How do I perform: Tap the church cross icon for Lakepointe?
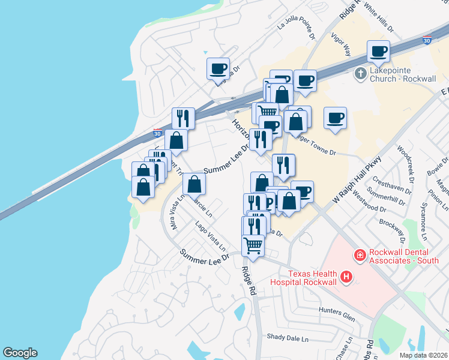pos(360,74)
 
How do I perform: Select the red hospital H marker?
pos(346,277)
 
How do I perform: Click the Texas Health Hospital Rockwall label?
pos(303,277)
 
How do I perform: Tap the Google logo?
pos(20,353)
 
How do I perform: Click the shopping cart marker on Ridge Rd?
pos(253,245)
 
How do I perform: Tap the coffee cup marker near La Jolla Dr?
pos(218,68)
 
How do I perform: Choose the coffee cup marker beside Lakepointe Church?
pos(378,51)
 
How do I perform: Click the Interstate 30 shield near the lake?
pos(157,133)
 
